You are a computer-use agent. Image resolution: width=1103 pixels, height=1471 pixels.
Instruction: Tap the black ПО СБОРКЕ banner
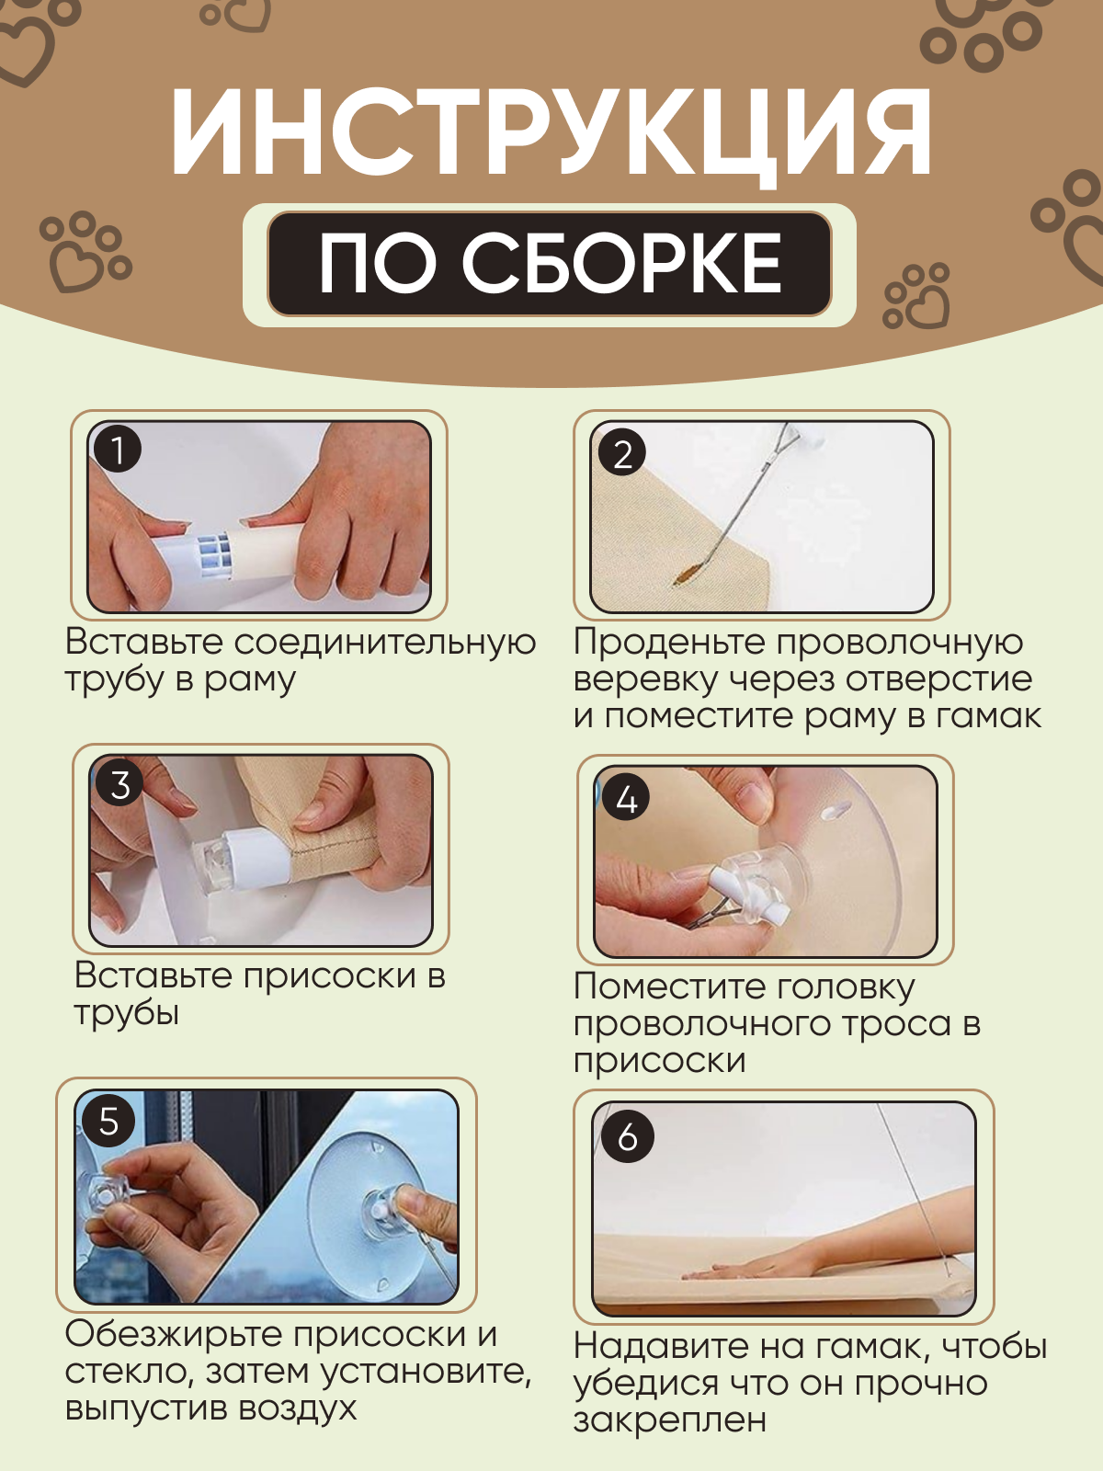549,263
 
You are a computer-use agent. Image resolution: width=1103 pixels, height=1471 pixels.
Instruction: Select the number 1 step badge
118,449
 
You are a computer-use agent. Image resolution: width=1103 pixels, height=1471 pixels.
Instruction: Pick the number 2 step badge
622,453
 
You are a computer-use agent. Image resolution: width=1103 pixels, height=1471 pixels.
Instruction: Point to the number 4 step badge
626,797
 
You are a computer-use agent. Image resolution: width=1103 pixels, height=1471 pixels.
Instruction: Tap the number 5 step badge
108,1121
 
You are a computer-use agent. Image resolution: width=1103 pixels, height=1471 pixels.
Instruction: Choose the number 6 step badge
628,1136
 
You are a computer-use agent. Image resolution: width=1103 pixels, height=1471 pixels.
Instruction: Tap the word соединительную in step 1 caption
385,643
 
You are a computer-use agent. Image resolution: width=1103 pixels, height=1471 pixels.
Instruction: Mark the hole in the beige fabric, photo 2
688,573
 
